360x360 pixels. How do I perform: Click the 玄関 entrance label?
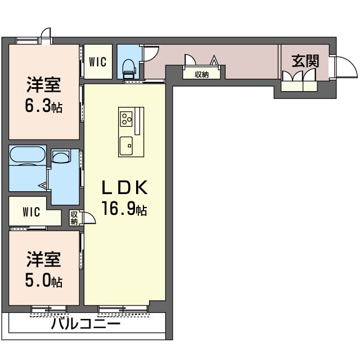(305, 61)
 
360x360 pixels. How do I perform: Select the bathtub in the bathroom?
(28, 155)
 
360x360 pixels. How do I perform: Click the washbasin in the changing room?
(61, 157)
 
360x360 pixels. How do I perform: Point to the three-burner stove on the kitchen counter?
(126, 119)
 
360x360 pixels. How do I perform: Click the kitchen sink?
(126, 146)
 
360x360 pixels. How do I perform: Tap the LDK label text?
(124, 187)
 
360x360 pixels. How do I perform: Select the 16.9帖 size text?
(124, 209)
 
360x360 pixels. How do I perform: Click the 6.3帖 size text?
(44, 106)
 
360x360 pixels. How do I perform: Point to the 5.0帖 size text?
(44, 281)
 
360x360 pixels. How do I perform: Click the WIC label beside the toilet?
(98, 62)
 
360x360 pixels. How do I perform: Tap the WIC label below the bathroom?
(31, 212)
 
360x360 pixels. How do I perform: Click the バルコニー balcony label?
(85, 324)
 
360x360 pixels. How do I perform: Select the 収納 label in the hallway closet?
(201, 74)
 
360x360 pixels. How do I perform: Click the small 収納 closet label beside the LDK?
(74, 218)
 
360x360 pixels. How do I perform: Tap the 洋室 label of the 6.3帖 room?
(44, 85)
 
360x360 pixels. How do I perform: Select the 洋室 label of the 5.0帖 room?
(44, 259)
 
